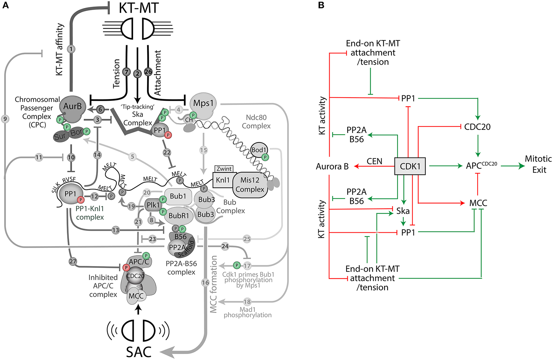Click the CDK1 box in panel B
tap(410, 166)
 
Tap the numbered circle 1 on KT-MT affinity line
tap(71, 49)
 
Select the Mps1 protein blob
tap(203, 103)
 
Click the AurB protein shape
tap(72, 107)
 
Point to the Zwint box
tap(224, 169)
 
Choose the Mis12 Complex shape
tap(250, 185)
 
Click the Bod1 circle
tap(259, 150)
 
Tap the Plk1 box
tap(153, 205)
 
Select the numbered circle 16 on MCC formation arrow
tap(205, 283)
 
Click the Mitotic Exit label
tap(539, 164)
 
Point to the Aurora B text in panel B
tap(332, 167)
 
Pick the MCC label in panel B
tap(478, 203)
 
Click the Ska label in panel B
tap(403, 211)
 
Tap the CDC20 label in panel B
tap(477, 127)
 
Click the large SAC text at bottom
tap(139, 352)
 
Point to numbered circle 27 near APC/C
tap(73, 261)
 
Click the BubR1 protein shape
tap(179, 216)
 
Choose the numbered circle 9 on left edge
tap(5, 119)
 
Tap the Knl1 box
tap(223, 180)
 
